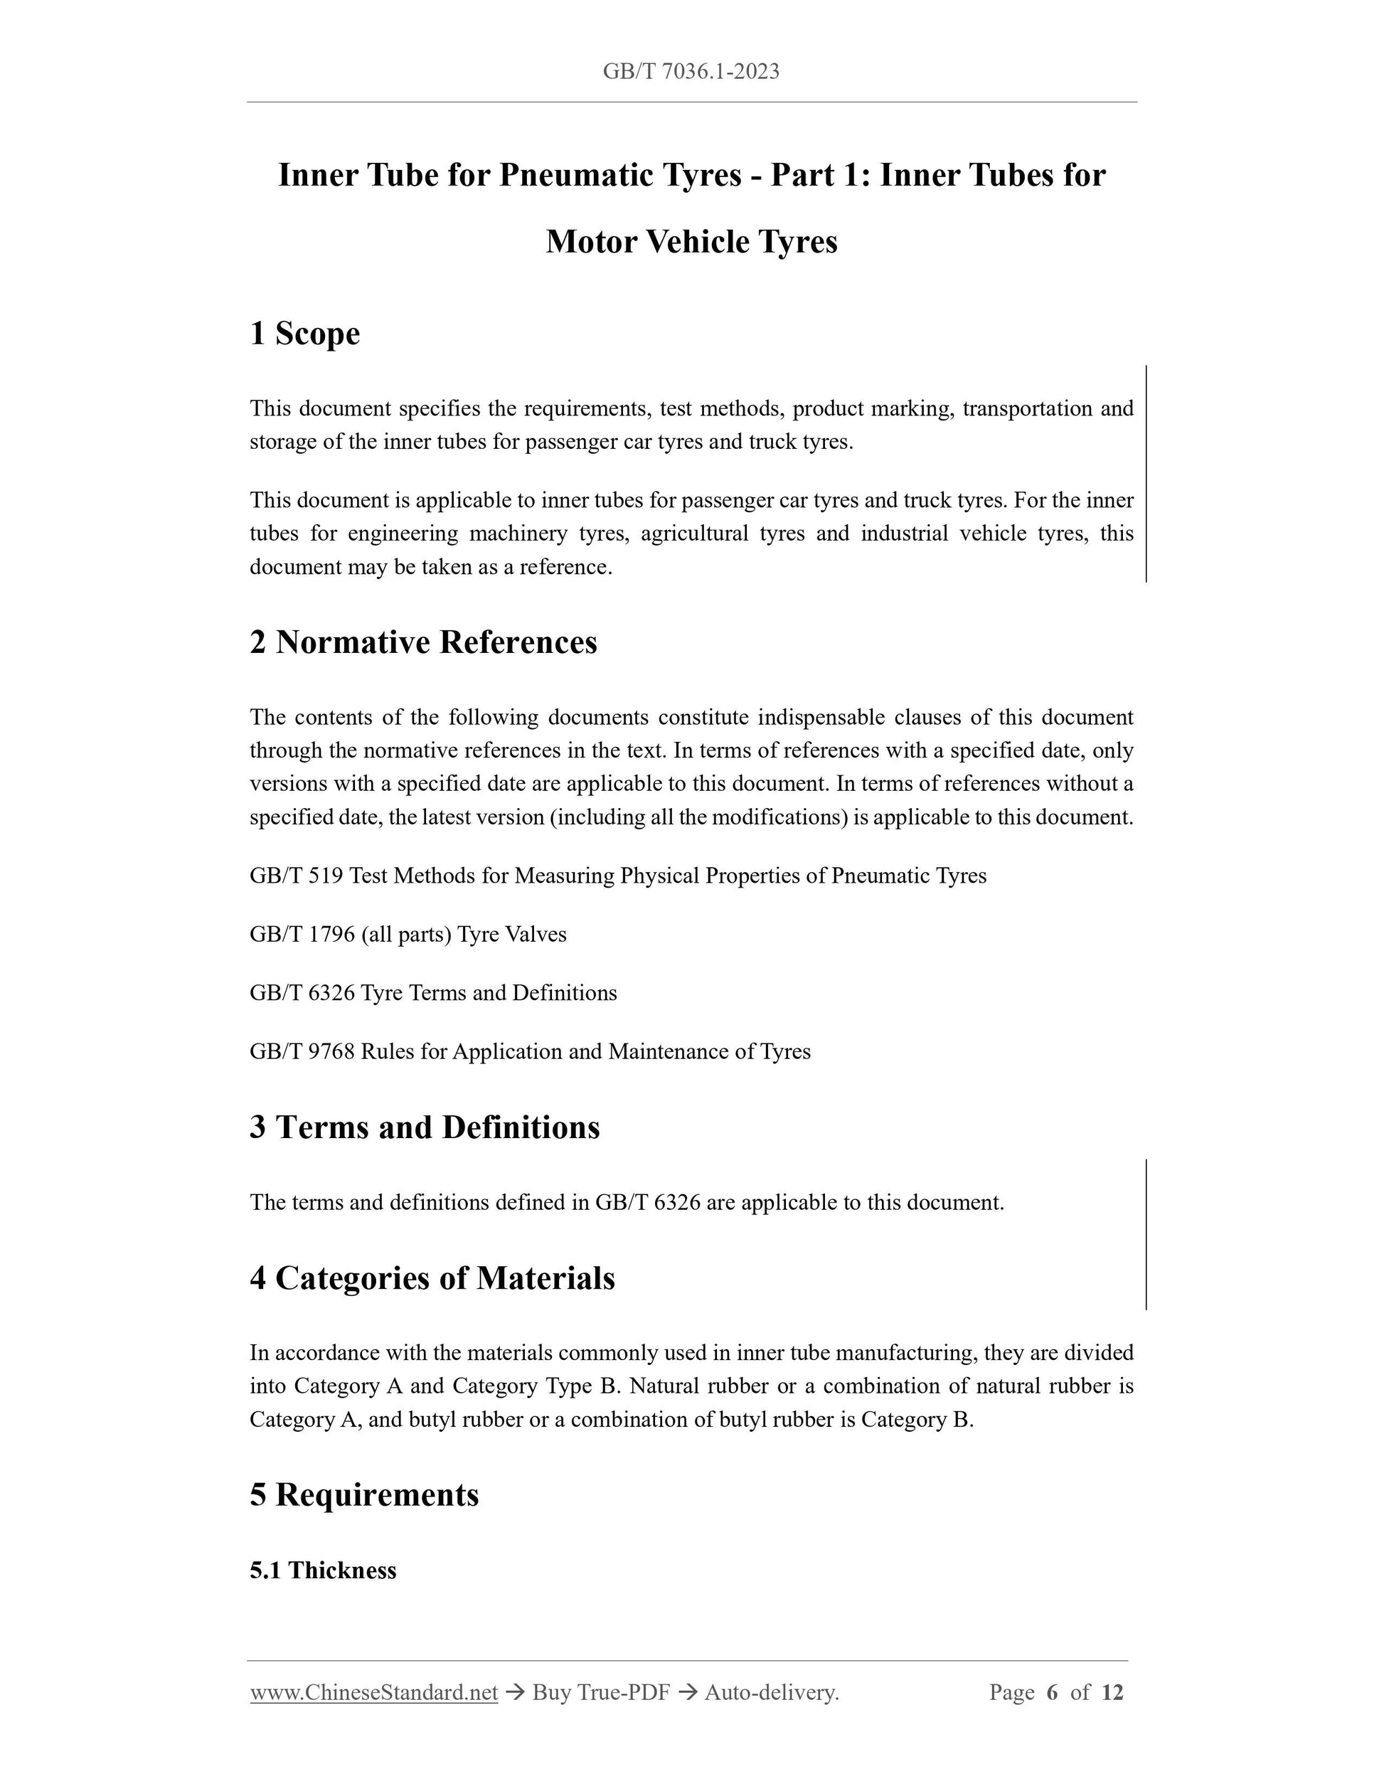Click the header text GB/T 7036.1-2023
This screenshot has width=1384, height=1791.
tap(691, 71)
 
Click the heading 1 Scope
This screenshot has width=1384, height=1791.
tap(304, 334)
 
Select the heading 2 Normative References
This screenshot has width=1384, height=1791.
tap(423, 642)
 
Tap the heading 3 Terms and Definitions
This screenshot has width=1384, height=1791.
tap(425, 1127)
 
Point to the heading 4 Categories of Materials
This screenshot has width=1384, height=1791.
tap(432, 1278)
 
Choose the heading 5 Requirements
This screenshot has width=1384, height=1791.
tap(364, 1495)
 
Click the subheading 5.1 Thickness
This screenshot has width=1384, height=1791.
tap(323, 1571)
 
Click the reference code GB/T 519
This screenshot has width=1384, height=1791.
tap(296, 876)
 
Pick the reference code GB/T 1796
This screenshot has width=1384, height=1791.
tap(302, 935)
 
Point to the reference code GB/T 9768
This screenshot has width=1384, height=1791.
tap(302, 1052)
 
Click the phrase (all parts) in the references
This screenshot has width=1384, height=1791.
tap(406, 935)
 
